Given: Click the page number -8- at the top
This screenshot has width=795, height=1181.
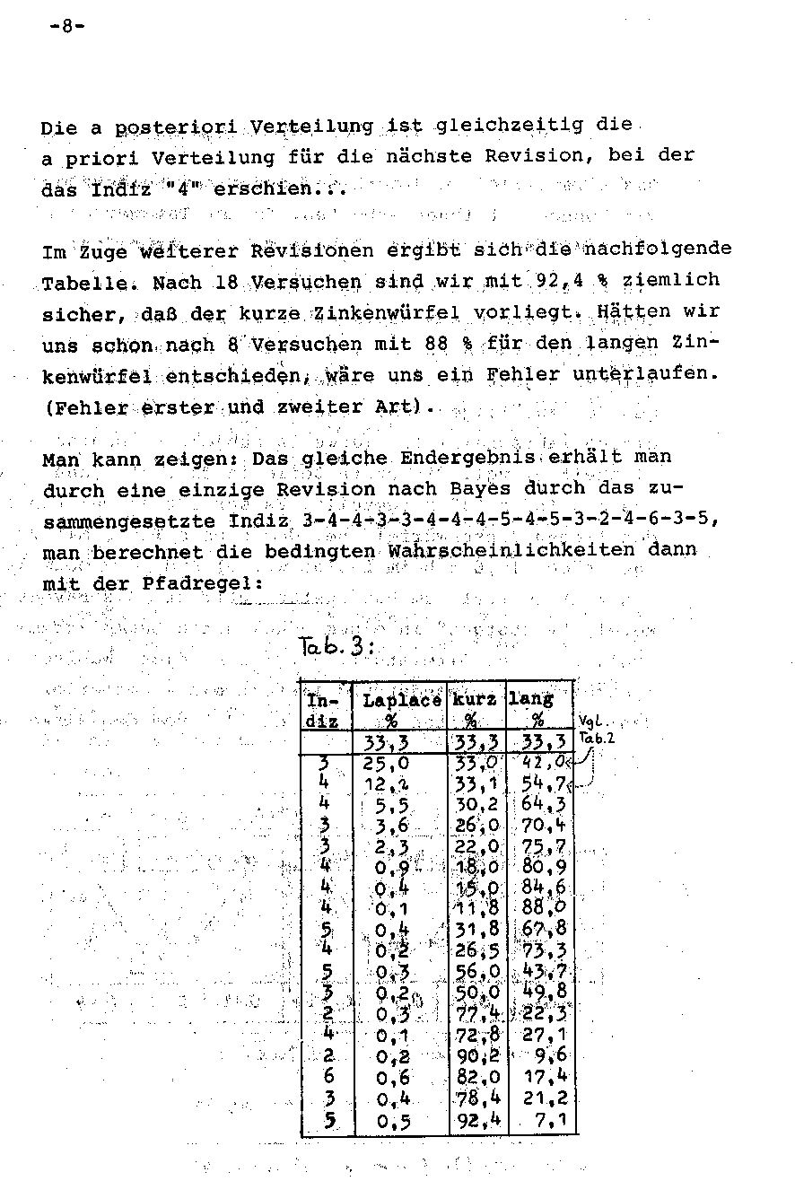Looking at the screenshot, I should tap(66, 26).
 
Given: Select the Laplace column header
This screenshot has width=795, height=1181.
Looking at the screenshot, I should tap(401, 700).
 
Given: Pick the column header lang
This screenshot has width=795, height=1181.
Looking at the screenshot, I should tap(532, 698).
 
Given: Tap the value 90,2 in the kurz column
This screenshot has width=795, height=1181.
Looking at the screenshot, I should tap(476, 1055).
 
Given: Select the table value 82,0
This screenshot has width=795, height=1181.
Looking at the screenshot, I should tap(476, 1076).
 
